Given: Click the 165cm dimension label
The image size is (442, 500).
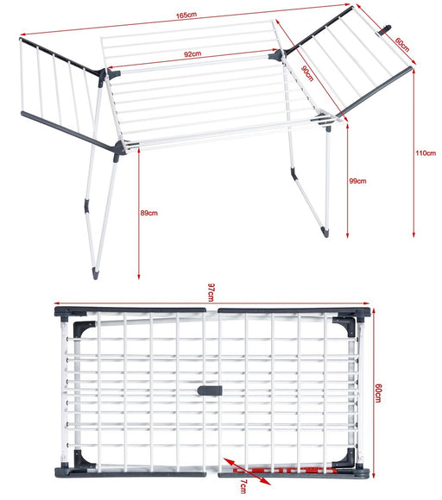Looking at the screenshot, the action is click(x=186, y=15).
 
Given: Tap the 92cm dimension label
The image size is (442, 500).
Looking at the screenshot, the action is click(x=193, y=54).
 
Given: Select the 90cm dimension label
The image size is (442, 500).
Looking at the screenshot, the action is click(x=307, y=73).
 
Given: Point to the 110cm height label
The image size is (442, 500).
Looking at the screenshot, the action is click(x=426, y=153).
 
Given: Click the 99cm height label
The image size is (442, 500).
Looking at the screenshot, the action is click(x=357, y=181).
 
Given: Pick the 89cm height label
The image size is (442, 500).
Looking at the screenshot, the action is click(x=148, y=213).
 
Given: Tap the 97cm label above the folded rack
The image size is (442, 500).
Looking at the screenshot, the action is click(x=212, y=292).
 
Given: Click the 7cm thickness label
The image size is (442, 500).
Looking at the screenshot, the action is click(x=243, y=486).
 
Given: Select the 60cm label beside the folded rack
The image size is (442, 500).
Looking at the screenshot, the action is click(x=378, y=393).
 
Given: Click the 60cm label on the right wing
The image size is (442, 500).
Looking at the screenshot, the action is click(x=402, y=45).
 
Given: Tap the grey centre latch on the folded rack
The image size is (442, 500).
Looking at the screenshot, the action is click(x=210, y=391).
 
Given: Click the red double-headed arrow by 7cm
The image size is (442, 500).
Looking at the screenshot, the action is click(x=247, y=472).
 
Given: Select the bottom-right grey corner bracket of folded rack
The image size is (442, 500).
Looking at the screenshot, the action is click(x=344, y=458).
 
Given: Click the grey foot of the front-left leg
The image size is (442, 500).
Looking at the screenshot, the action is click(x=95, y=273).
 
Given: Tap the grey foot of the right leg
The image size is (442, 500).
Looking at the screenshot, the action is click(x=325, y=232).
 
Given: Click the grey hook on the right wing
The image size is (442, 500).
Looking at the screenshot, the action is click(x=386, y=31).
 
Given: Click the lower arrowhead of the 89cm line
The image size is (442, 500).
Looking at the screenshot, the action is click(x=139, y=277).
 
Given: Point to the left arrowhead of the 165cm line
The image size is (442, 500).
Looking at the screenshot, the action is click(x=22, y=34).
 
